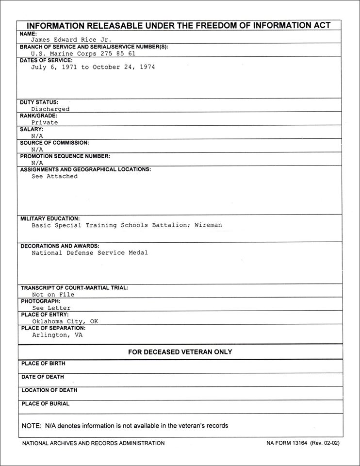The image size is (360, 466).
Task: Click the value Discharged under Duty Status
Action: point(50,109)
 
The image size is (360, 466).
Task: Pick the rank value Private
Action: point(45,123)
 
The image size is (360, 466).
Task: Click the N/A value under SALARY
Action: point(37,136)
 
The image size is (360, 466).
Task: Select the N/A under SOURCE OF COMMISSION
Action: point(37,150)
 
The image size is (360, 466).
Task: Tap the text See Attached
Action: point(54,177)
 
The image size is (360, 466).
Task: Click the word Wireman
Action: point(208,225)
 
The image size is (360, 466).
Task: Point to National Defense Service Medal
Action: point(90,253)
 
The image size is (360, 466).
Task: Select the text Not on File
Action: point(53,295)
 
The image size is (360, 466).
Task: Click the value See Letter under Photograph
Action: point(51,308)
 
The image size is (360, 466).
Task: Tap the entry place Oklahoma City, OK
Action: point(65,321)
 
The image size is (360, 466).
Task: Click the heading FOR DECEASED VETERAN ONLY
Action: point(180,352)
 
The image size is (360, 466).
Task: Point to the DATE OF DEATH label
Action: point(43,377)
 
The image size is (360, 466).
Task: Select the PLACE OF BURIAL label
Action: point(46,404)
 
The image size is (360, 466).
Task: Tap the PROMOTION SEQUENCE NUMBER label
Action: point(65,156)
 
